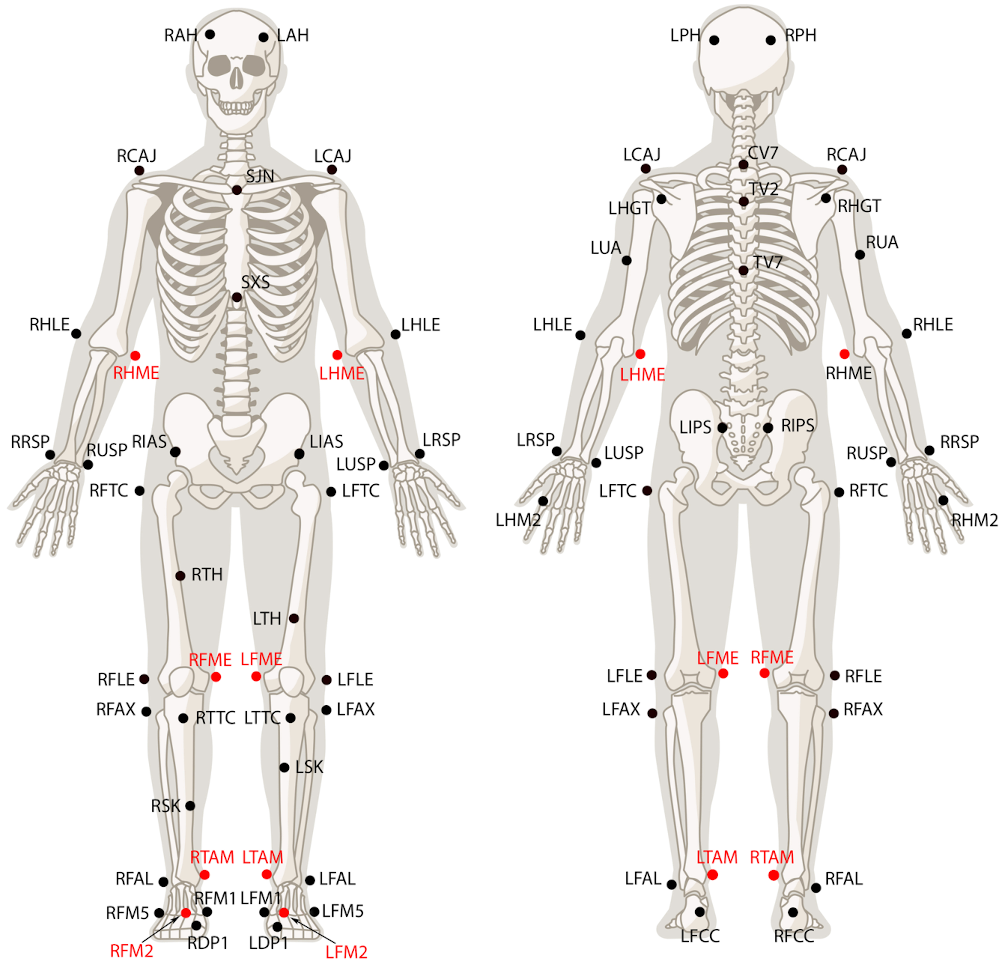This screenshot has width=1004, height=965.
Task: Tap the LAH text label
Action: click(293, 35)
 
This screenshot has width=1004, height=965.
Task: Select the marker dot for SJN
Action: click(237, 190)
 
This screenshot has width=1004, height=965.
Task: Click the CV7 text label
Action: click(763, 153)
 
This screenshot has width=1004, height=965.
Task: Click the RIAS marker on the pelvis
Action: click(175, 452)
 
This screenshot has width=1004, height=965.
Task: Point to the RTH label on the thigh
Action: click(207, 575)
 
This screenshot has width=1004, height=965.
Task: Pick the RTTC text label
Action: click(216, 718)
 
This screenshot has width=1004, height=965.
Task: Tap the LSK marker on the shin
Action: click(284, 767)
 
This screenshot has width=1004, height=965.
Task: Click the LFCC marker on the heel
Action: click(700, 912)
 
